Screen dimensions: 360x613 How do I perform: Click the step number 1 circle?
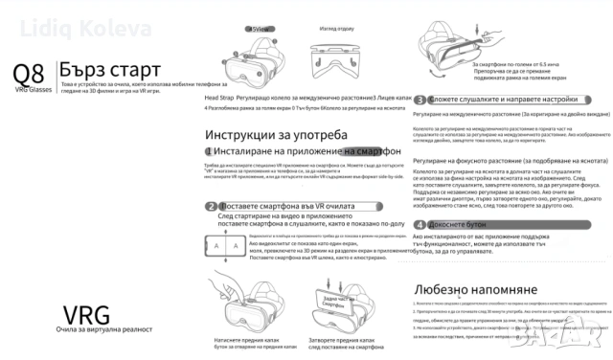pos(209,151)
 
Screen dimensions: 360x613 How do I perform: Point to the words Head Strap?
pos(219,99)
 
